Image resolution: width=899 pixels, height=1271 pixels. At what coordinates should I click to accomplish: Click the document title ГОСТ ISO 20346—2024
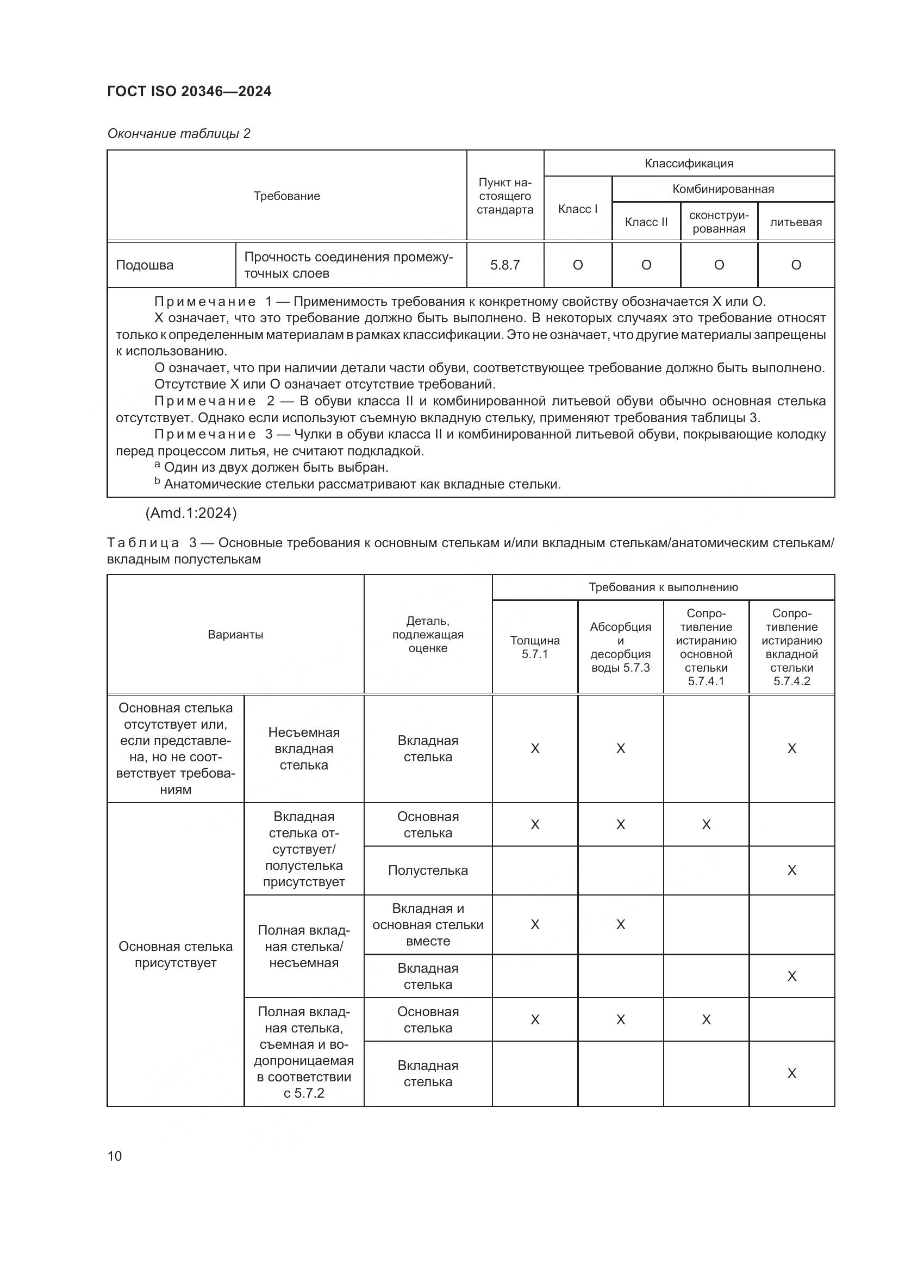click(189, 91)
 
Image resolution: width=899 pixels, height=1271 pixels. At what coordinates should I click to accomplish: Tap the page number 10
click(115, 1156)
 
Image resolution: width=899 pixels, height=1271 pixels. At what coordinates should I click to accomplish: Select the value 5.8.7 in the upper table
click(505, 265)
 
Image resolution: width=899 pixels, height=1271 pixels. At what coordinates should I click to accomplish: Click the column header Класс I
click(577, 209)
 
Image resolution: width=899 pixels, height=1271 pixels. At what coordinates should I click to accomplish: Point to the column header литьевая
click(796, 222)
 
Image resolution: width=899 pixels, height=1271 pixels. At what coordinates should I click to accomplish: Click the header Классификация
click(689, 164)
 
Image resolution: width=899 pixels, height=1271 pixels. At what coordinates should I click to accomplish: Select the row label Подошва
click(145, 265)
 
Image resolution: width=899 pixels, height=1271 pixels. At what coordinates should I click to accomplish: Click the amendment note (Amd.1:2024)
click(191, 513)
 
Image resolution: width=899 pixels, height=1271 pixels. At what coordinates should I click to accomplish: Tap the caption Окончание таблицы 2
click(178, 134)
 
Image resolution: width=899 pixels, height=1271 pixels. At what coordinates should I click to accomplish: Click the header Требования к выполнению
click(663, 587)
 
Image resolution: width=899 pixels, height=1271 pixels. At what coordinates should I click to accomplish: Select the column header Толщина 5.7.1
click(535, 647)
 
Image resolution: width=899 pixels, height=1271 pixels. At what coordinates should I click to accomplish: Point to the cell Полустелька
click(428, 870)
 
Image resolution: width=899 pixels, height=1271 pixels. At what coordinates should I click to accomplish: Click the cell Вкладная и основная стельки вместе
click(428, 924)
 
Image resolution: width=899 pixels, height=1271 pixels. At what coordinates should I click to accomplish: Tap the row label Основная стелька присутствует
click(176, 954)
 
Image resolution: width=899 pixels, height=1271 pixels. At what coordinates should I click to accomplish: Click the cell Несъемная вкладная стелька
click(304, 748)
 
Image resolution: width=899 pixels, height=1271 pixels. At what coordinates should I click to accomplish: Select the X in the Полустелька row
click(791, 870)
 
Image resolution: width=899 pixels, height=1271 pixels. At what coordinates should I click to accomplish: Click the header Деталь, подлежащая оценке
click(428, 634)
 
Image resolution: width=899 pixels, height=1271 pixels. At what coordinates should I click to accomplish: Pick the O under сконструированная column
click(719, 265)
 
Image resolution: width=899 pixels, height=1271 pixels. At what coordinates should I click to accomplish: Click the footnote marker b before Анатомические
click(157, 481)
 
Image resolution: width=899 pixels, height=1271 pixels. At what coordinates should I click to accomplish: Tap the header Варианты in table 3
click(235, 634)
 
